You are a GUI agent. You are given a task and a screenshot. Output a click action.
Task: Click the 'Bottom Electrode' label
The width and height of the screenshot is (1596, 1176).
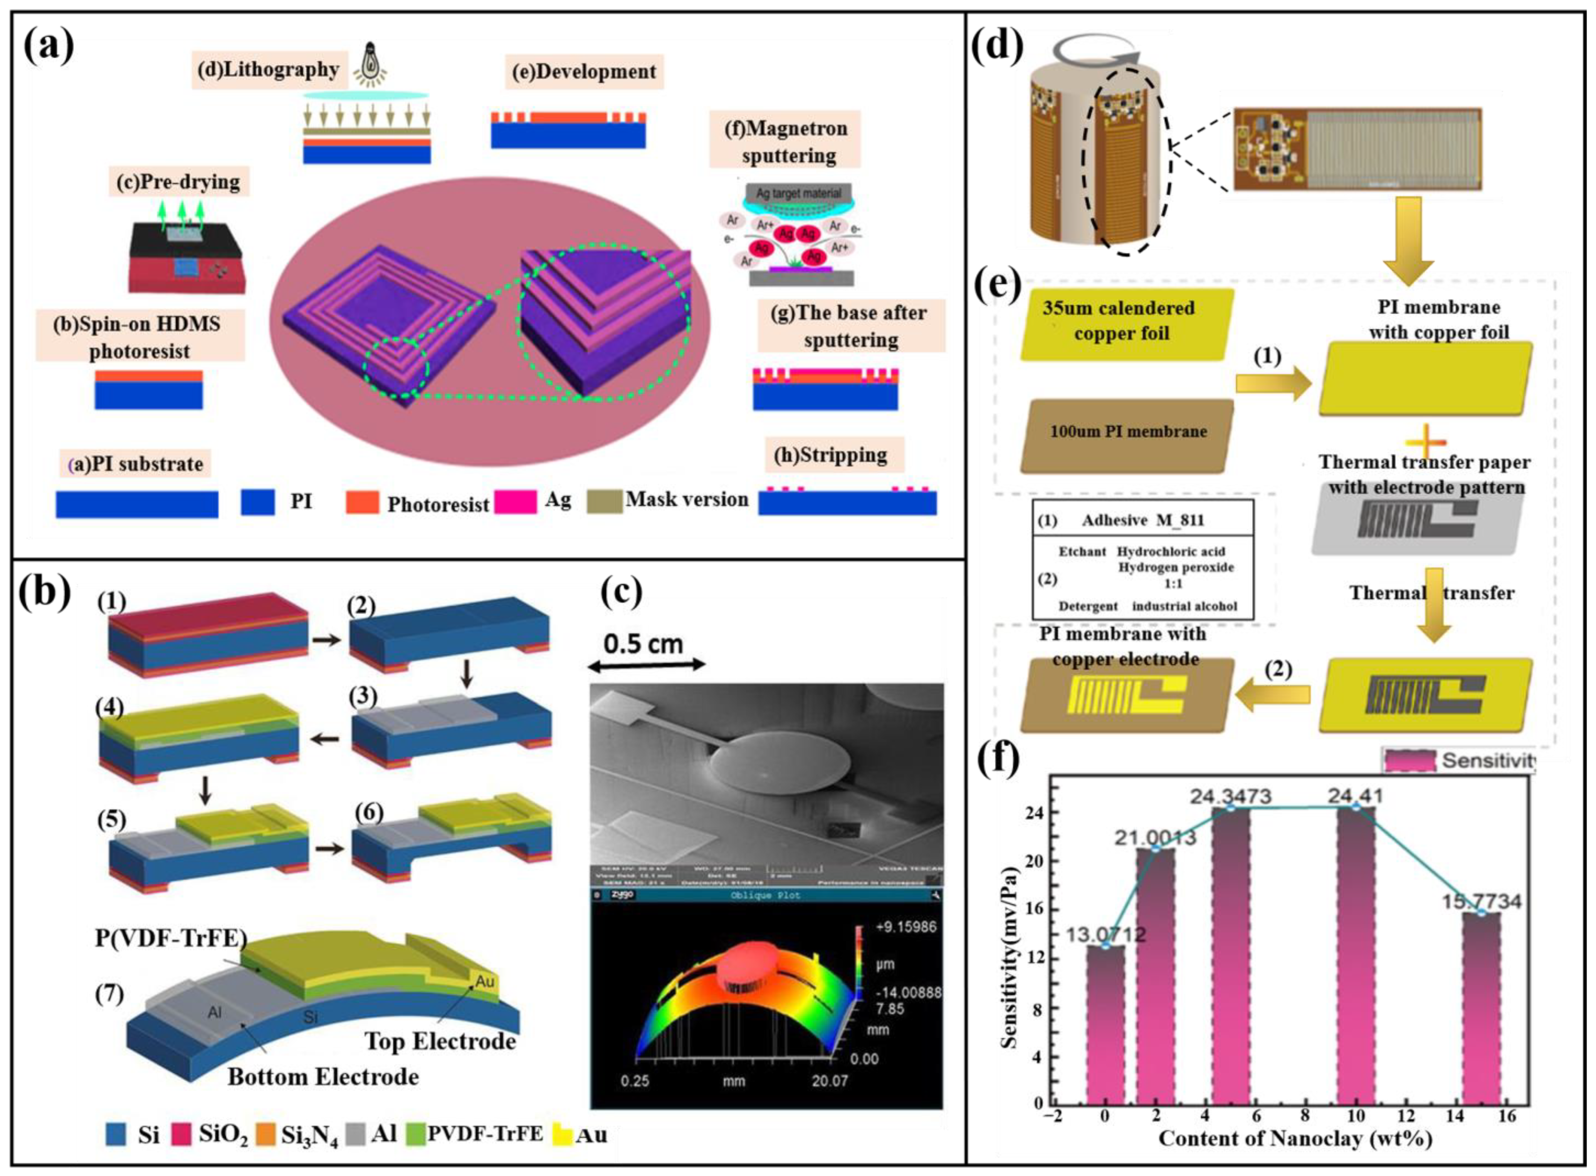pos(323,1076)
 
